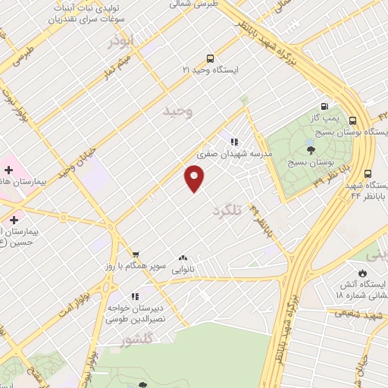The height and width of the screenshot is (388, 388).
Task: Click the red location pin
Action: (195, 178)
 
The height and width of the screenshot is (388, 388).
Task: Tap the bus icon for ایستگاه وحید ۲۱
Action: (210, 58)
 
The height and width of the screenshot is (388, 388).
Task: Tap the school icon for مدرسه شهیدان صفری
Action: (235, 141)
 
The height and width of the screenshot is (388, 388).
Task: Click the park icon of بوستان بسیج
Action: (310, 149)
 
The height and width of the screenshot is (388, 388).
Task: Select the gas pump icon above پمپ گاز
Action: (325, 107)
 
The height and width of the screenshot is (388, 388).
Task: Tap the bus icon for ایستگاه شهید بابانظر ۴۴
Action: (368, 173)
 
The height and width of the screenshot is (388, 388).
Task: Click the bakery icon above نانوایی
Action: (183, 258)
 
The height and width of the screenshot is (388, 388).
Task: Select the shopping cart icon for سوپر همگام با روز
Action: (135, 255)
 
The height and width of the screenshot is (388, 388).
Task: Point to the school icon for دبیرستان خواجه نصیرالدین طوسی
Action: (134, 296)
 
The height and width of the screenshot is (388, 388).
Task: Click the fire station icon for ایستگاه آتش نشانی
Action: (362, 273)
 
